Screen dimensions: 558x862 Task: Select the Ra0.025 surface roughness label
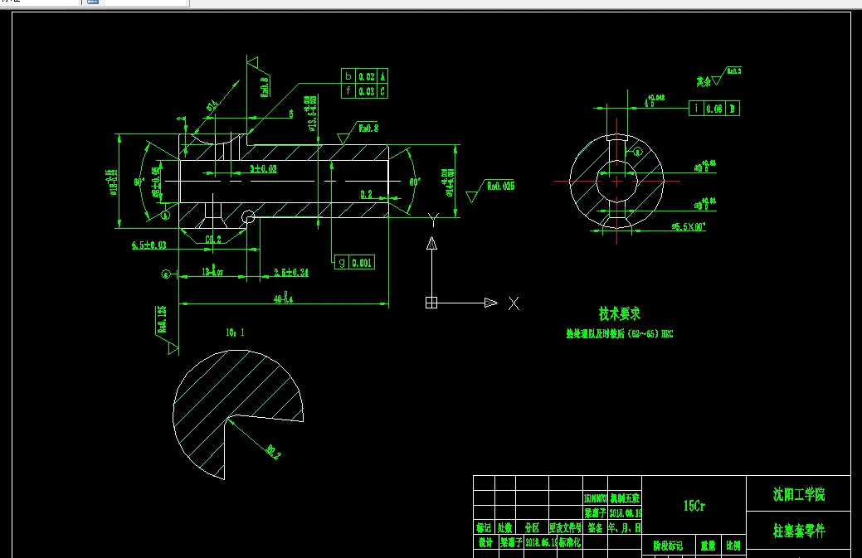[x=501, y=187]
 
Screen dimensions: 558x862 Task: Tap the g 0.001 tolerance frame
[x=354, y=262]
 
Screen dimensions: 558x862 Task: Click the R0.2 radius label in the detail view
[x=273, y=451]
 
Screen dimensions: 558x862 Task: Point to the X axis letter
[x=514, y=303]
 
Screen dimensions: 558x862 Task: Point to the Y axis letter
[x=431, y=219]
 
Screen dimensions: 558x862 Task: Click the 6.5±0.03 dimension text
[x=149, y=245]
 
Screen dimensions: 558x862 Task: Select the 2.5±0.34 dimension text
[x=290, y=272]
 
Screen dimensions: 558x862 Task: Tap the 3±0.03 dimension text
[x=264, y=168]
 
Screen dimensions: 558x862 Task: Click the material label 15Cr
[x=694, y=506]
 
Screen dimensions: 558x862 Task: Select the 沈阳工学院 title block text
[x=799, y=496]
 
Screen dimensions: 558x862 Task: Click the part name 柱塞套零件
[x=799, y=530]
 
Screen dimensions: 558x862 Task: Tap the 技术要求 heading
[x=620, y=314]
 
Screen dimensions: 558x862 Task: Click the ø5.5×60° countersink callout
[x=689, y=226]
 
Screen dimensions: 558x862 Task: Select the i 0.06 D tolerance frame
[x=714, y=109]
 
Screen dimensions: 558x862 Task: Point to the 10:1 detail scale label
[x=236, y=332]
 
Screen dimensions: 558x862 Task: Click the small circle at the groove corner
[x=248, y=217]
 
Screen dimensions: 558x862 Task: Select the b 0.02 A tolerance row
[x=365, y=76]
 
